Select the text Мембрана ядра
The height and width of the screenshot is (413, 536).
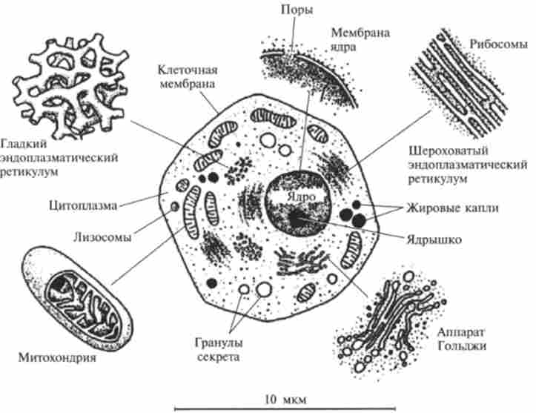tap(358, 40)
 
